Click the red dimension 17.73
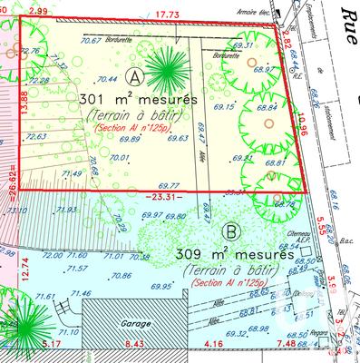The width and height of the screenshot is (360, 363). click(x=167, y=13)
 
